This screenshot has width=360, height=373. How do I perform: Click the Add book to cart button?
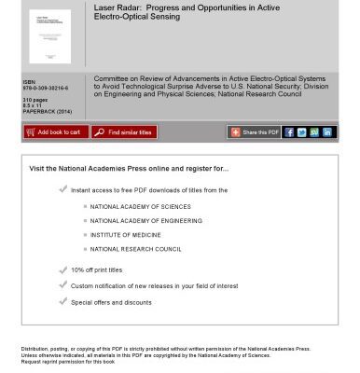click(x=53, y=132)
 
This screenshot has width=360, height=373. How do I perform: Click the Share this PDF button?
click(x=255, y=132)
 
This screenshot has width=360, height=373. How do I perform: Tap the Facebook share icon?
click(x=289, y=132)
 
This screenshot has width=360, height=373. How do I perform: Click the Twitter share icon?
click(x=302, y=132)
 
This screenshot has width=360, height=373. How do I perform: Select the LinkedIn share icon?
click(x=327, y=132)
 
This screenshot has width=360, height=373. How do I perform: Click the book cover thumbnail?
click(x=49, y=36)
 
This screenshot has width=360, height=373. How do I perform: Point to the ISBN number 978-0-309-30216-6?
click(x=45, y=89)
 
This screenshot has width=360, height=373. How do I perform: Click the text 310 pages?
click(x=35, y=100)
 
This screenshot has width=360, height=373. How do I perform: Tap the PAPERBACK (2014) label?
click(x=47, y=111)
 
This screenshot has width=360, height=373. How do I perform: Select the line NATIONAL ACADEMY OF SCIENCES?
click(x=140, y=207)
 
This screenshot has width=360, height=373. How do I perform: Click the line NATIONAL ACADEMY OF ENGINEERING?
click(x=145, y=221)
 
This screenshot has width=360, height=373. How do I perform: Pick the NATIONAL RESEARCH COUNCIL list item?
click(x=135, y=249)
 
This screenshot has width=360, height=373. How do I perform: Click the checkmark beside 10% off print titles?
click(x=62, y=270)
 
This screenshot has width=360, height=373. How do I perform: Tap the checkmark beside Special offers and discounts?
click(x=62, y=301)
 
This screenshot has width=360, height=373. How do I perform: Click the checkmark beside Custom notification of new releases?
click(x=62, y=285)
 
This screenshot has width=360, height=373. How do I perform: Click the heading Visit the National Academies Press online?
click(x=129, y=169)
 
